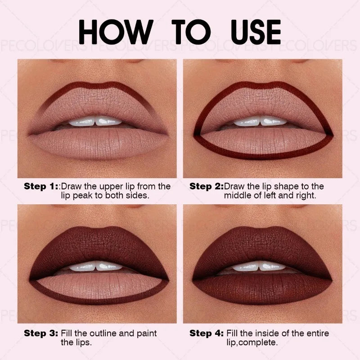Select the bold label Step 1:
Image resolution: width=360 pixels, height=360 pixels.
point(41,186)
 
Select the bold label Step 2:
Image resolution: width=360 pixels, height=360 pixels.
point(207,186)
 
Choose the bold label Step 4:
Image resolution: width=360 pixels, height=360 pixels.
point(207,333)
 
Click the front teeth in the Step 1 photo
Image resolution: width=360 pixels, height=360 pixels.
point(95,121)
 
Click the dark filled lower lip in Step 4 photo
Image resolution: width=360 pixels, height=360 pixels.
point(262,288)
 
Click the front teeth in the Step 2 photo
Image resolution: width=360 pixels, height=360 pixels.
point(261,121)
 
